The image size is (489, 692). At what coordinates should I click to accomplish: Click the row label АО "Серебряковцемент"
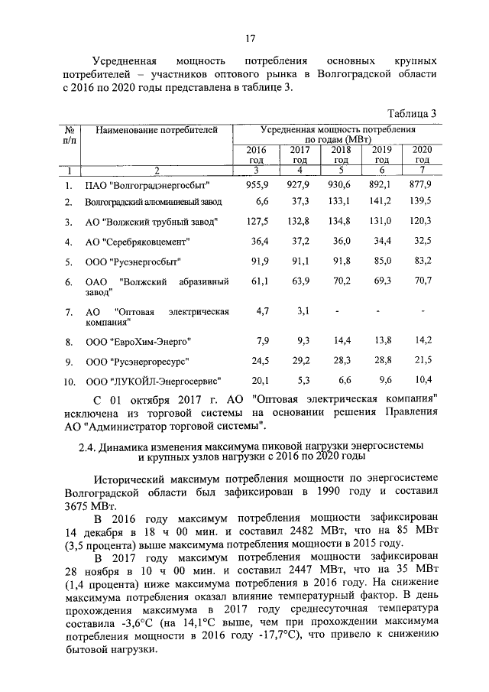coord(138,242)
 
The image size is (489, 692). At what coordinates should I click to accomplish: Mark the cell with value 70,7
coord(422,282)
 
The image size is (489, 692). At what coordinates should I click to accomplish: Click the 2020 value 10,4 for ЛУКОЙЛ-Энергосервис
coord(422,380)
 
